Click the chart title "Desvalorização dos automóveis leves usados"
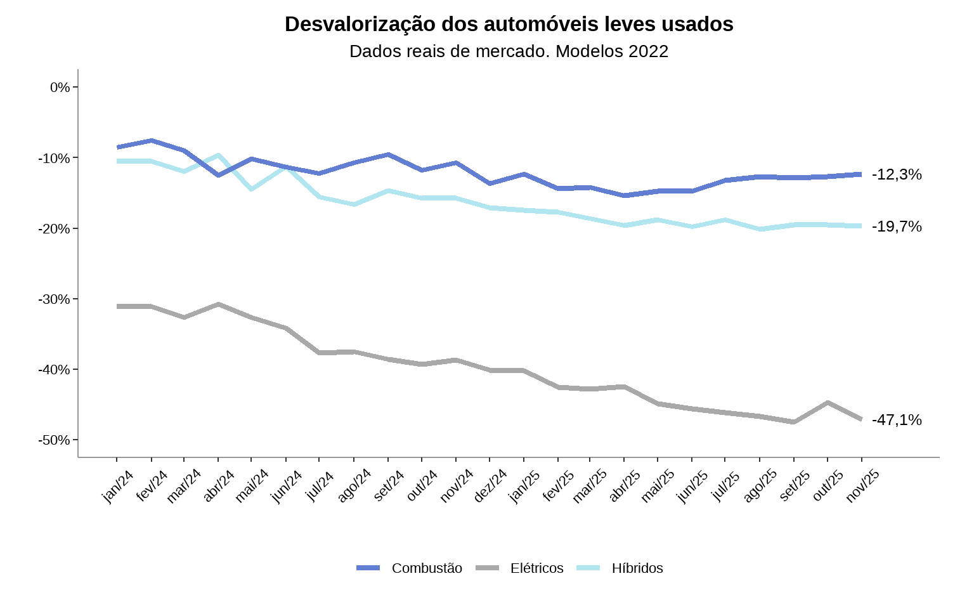(509, 24)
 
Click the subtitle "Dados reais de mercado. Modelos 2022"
(509, 51)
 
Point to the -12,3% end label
(897, 174)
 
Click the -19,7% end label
(897, 226)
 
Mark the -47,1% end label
(897, 420)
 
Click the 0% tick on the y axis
(60, 87)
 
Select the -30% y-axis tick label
(55, 299)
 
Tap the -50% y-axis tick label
(55, 440)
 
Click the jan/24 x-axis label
(118, 486)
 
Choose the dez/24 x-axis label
(490, 486)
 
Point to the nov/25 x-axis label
(862, 486)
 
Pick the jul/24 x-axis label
(320, 486)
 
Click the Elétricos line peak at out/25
(828, 402)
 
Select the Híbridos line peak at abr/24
(218, 155)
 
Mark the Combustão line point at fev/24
(151, 140)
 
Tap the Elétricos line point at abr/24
(218, 304)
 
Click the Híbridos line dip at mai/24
(252, 189)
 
